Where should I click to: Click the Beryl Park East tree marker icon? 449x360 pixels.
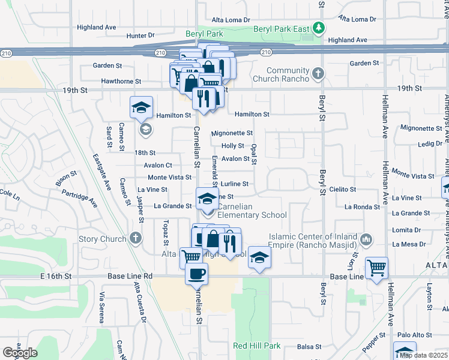[x=320, y=28]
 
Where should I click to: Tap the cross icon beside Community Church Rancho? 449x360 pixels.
[x=318, y=74]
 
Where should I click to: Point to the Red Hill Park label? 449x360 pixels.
[x=257, y=346]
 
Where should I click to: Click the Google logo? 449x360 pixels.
[x=20, y=353]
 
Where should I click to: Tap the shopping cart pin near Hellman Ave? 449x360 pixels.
[x=376, y=268]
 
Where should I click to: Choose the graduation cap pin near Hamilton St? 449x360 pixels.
[x=141, y=108]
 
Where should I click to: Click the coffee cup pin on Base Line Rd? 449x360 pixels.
[x=196, y=274]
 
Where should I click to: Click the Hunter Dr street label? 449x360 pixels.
[x=140, y=35]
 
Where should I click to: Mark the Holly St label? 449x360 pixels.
[x=233, y=146]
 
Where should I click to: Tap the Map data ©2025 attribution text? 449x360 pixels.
[x=423, y=355]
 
